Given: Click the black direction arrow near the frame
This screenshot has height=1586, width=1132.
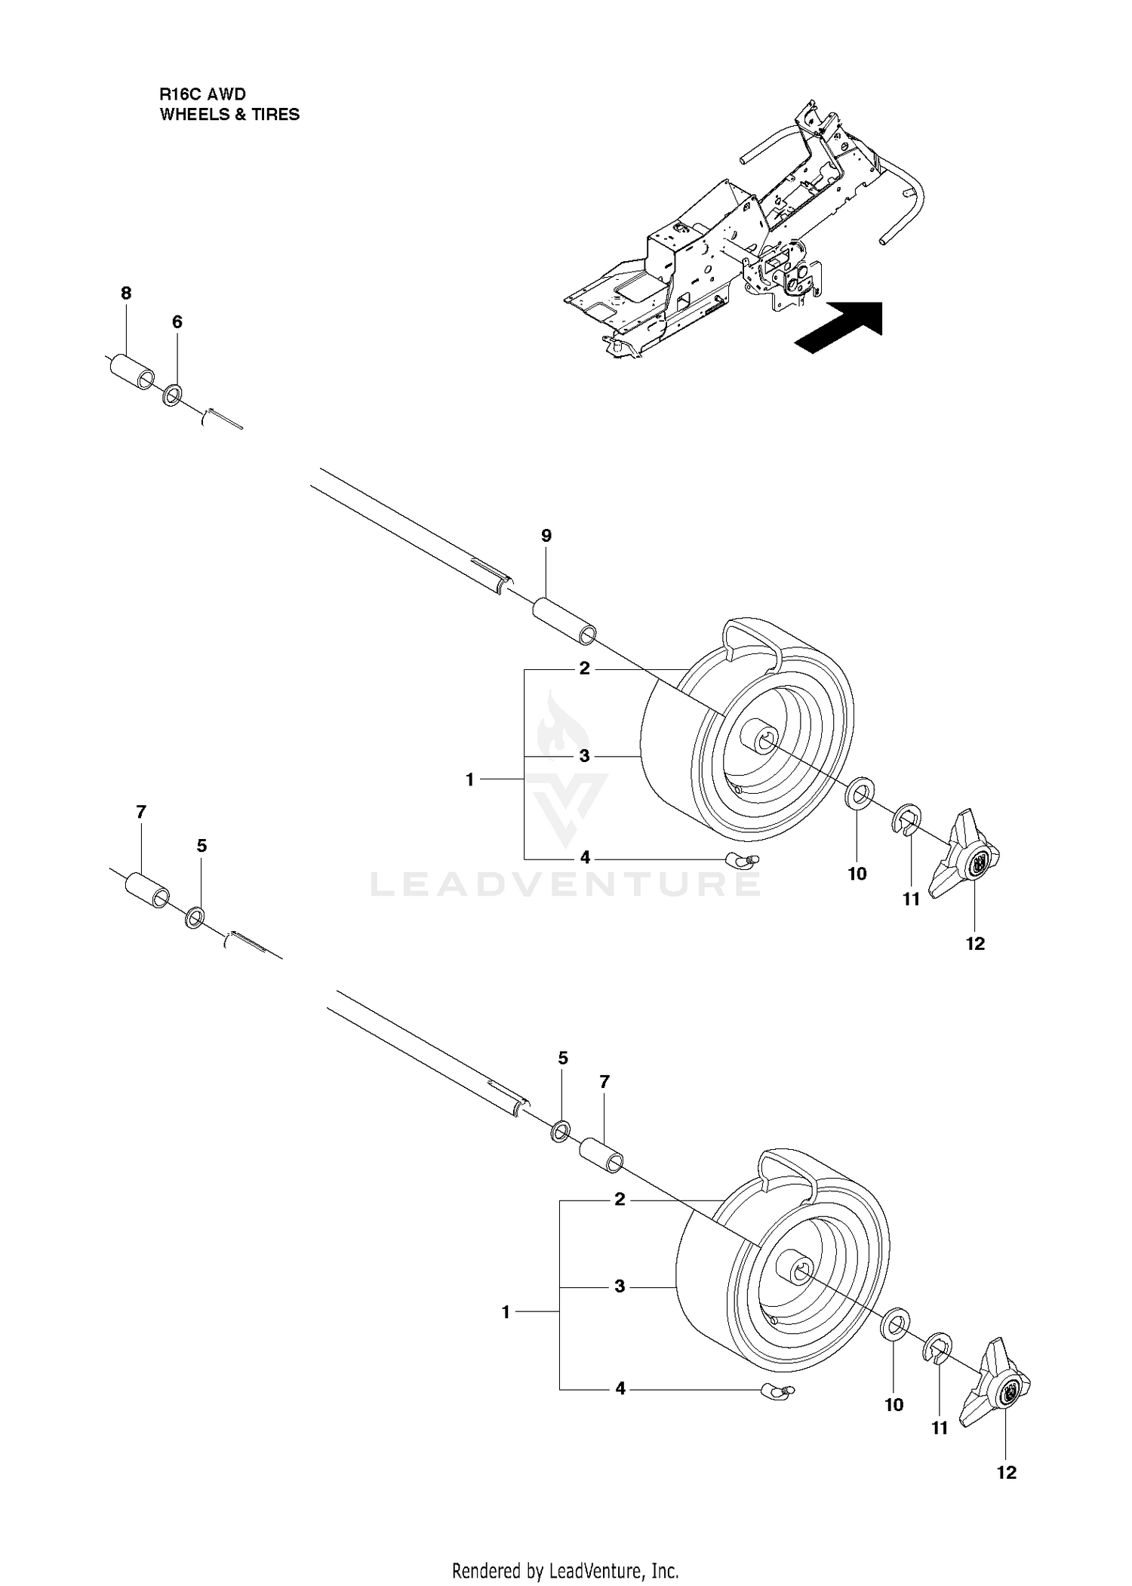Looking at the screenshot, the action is coord(839,327).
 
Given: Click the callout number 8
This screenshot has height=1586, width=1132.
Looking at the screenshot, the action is coord(126,293).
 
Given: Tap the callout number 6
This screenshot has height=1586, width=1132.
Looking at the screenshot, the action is coord(177,322).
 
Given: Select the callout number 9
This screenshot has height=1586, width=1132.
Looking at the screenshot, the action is coord(546,536).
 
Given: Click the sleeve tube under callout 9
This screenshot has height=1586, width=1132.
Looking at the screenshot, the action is coord(564,622).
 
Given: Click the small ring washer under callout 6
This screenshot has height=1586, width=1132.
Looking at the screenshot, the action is coord(173,396).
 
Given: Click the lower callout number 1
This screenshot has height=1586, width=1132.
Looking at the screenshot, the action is coord(506,1312).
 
